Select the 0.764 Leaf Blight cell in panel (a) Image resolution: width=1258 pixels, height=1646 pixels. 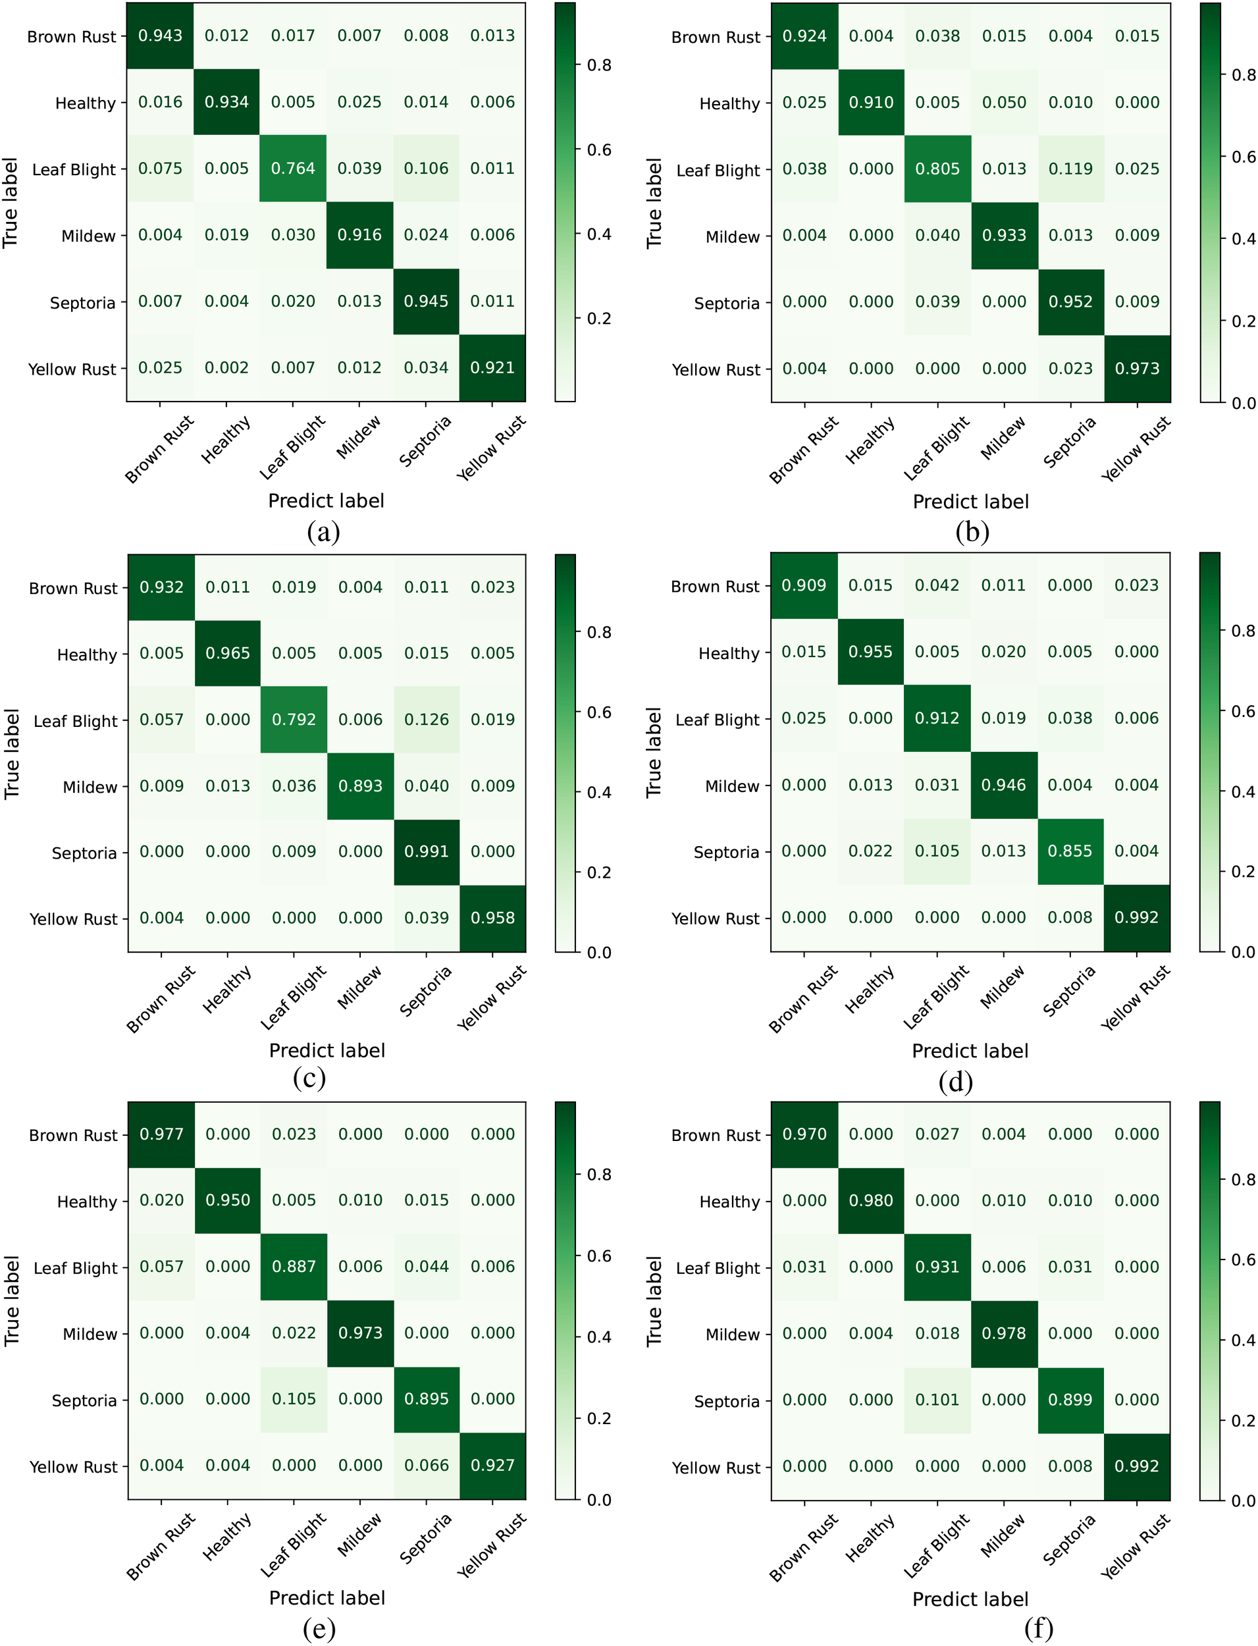coord(293,169)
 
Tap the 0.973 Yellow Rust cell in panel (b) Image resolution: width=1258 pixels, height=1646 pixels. coord(1137,369)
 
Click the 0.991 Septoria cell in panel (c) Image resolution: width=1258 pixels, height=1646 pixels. coord(426,852)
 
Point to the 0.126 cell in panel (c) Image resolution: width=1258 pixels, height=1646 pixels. coord(426,720)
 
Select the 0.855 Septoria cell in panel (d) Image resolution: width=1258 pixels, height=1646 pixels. coord(1070,851)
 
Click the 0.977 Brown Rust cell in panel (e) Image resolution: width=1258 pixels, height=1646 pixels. coord(161,1134)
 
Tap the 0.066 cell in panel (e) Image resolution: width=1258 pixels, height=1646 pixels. coord(426,1466)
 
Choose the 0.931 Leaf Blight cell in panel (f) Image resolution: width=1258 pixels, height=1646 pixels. coord(937,1267)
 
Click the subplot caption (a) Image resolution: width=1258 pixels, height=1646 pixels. coord(323,533)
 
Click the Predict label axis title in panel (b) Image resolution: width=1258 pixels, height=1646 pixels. coord(970,502)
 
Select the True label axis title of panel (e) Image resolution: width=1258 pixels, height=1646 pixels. coord(11,1301)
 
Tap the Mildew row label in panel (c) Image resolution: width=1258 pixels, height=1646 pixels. coord(90,787)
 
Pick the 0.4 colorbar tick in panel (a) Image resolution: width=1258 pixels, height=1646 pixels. coord(599,234)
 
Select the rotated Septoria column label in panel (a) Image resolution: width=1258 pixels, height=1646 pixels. coord(425,442)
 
